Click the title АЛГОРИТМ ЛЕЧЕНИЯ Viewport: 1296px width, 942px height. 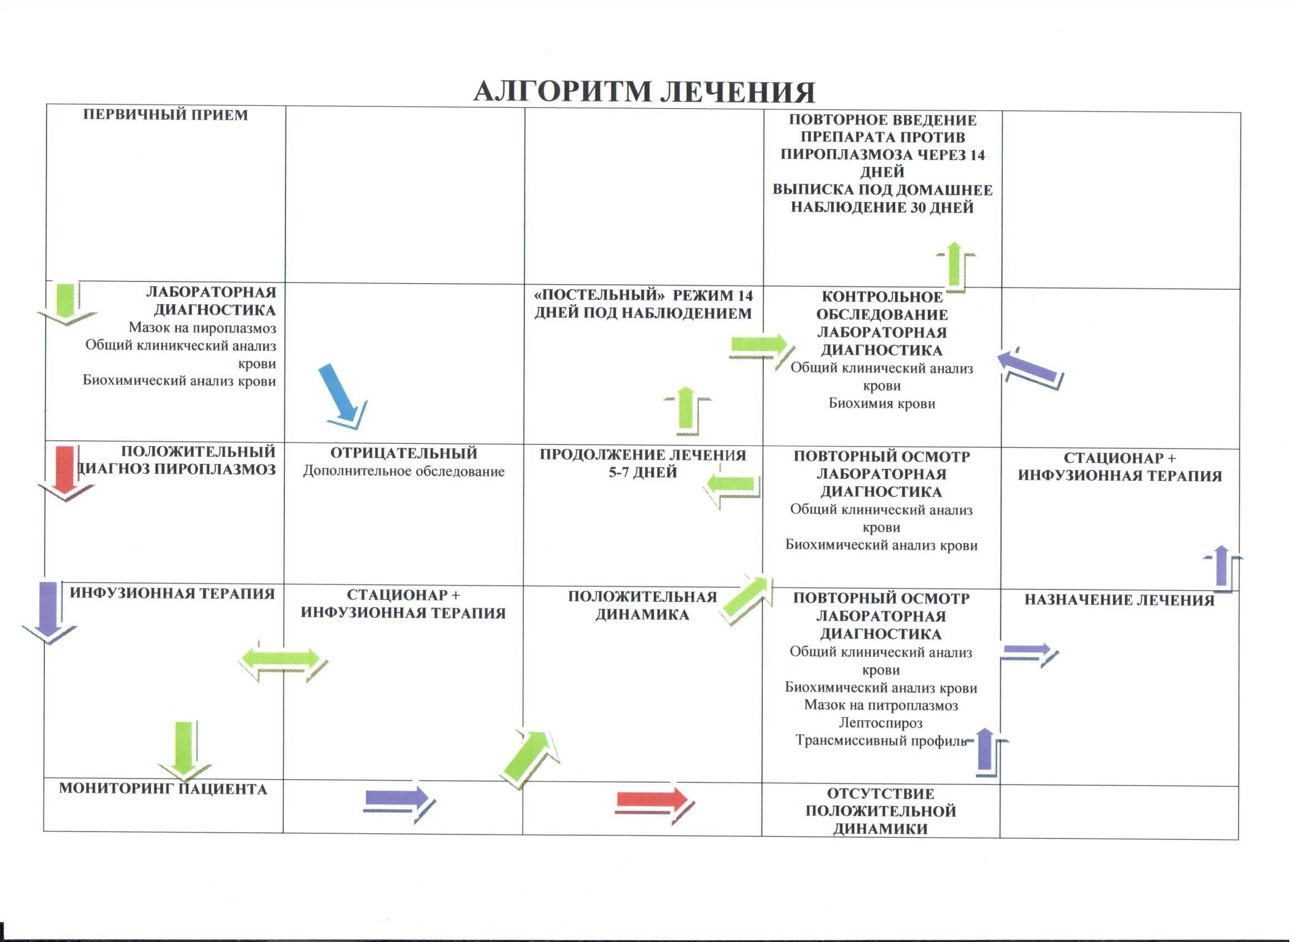pyautogui.click(x=644, y=91)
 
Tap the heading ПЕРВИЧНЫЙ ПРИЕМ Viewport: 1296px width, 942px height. pyautogui.click(x=166, y=115)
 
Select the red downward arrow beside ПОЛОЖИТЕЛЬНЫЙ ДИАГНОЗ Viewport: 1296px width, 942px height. pyautogui.click(x=66, y=473)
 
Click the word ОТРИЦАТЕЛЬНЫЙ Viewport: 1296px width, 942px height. pyautogui.click(x=404, y=453)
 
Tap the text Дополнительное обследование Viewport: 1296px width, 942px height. pyautogui.click(x=404, y=472)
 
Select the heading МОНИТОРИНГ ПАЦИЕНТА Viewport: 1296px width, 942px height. pyautogui.click(x=164, y=789)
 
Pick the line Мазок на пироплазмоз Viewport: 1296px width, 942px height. pyautogui.click(x=202, y=328)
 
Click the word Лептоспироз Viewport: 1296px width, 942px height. pyautogui.click(x=881, y=723)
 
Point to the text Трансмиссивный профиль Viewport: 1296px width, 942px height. pyautogui.click(x=881, y=740)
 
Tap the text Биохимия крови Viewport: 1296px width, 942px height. pyautogui.click(x=882, y=403)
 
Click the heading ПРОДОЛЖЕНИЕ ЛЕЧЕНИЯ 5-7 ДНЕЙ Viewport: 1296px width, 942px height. pyautogui.click(x=643, y=463)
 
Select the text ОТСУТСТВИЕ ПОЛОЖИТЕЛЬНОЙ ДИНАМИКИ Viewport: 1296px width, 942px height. pyautogui.click(x=881, y=811)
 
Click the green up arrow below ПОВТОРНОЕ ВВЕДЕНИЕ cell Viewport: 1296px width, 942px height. pyautogui.click(x=955, y=266)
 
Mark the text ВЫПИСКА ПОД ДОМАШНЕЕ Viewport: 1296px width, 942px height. pyautogui.click(x=882, y=190)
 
